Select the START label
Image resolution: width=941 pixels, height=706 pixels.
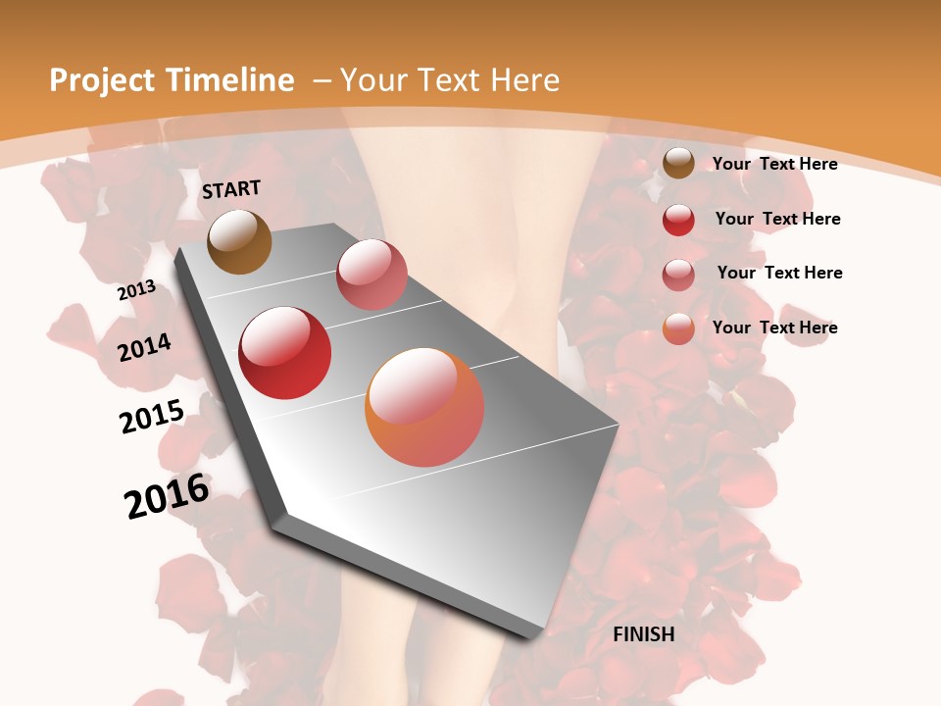click(231, 189)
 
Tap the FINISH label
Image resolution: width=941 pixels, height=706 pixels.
click(644, 634)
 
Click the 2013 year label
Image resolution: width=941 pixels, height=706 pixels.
click(136, 290)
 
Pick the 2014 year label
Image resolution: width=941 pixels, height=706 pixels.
click(144, 347)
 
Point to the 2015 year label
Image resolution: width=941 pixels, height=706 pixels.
click(152, 417)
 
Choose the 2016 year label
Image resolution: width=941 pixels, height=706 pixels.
click(167, 495)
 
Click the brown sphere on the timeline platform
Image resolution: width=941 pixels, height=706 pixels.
click(240, 242)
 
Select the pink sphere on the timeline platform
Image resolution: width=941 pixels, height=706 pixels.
click(371, 275)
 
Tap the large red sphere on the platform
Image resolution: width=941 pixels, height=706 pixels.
click(285, 353)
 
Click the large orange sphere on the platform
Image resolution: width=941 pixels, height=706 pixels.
click(424, 407)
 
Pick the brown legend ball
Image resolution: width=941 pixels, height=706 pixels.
click(678, 164)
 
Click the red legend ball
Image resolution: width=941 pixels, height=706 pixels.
click(678, 220)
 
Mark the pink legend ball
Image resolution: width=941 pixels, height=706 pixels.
click(678, 275)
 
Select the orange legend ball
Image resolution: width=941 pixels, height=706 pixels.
click(678, 328)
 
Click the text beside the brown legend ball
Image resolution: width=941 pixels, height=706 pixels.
click(774, 164)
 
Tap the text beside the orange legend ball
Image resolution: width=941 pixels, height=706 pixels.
click(774, 328)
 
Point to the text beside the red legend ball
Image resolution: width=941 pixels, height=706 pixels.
click(777, 219)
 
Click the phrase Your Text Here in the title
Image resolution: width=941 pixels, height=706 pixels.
click(450, 80)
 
